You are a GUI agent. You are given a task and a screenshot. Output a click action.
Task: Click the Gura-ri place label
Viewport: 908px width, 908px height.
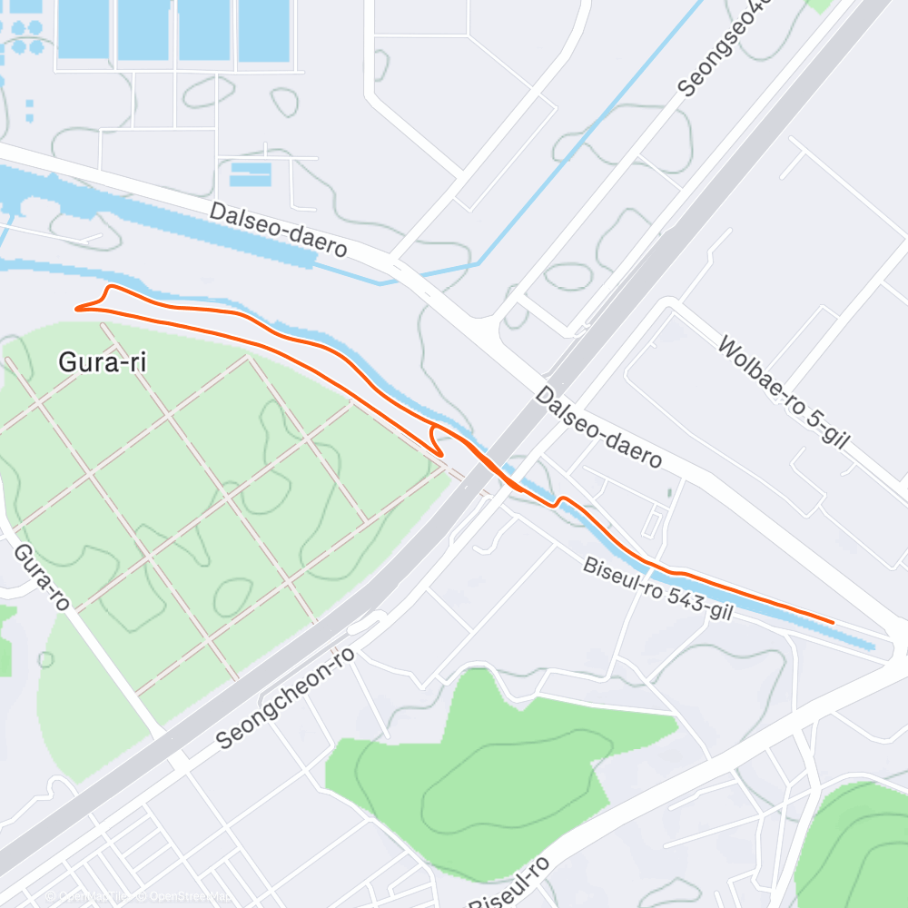point(102,362)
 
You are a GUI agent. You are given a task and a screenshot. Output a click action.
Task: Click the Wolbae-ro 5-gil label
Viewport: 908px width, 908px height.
point(782,392)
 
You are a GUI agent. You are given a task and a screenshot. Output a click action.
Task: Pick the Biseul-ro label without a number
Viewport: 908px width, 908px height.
point(508,881)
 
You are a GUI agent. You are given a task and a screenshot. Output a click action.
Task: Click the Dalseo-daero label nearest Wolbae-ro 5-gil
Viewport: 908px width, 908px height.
point(597,428)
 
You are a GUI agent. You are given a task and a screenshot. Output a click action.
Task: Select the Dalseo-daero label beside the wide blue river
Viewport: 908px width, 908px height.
point(278,229)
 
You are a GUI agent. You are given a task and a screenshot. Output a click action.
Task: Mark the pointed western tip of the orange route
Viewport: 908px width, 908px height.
point(76,309)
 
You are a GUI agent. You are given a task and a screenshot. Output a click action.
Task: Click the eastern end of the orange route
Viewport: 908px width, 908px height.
point(832,622)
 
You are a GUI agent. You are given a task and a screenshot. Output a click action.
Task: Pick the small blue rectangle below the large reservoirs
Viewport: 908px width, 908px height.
point(250,173)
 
